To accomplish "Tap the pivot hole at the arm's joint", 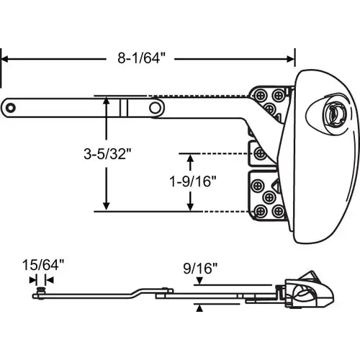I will point(155,107).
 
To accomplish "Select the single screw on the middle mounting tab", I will point(257,153).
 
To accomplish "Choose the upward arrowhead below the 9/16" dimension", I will point(199,307).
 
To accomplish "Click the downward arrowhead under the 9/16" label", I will point(199,285).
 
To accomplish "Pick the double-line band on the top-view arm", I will point(123,107).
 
